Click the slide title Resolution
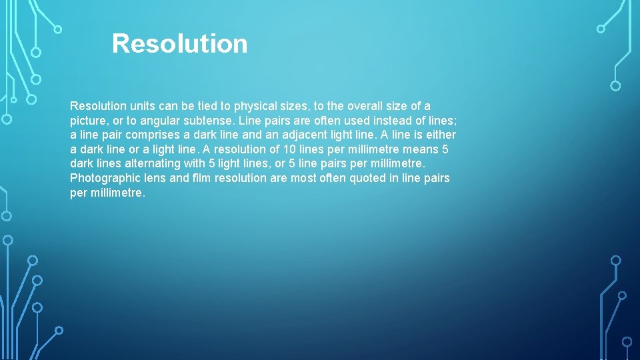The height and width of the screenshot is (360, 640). click(x=179, y=44)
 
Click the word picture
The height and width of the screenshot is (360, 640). click(x=87, y=121)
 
